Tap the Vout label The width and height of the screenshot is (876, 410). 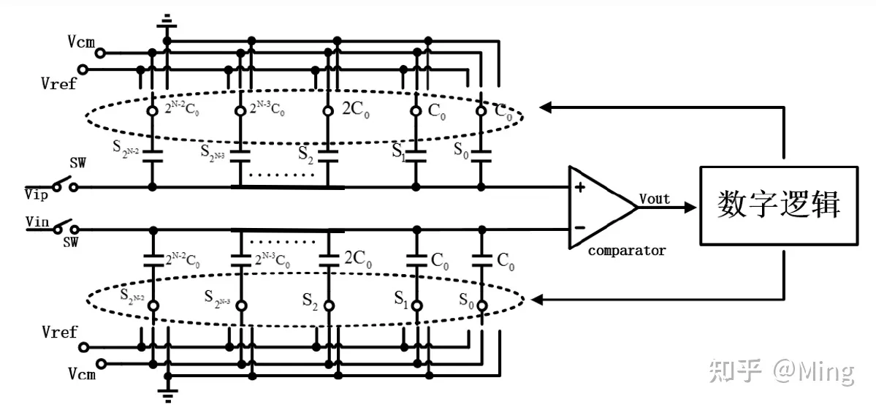[655, 199]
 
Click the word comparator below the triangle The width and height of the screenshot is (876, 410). [627, 251]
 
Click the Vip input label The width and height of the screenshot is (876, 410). [37, 195]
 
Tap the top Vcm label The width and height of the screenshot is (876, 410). [81, 42]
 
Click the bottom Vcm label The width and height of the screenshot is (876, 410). [81, 373]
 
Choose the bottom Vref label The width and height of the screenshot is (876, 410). [59, 333]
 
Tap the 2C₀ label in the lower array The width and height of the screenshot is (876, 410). [359, 257]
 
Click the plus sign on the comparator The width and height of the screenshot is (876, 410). [580, 187]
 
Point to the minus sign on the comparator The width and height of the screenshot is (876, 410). [580, 227]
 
